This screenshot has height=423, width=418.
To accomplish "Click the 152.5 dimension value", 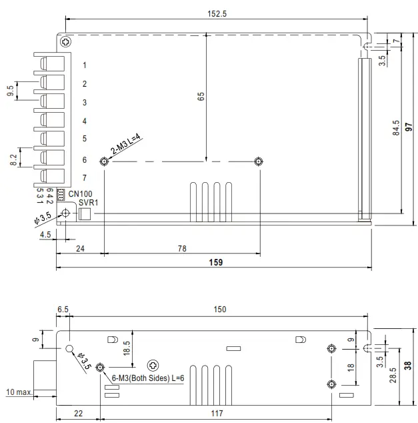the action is tap(217, 14).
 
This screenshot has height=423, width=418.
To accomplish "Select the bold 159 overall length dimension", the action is tap(216, 262).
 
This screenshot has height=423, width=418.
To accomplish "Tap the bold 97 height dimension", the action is tap(409, 127).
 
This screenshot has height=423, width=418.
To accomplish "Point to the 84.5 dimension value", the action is tap(396, 128).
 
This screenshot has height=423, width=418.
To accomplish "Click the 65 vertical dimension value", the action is tap(201, 96).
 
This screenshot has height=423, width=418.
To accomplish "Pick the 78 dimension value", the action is tap(182, 248).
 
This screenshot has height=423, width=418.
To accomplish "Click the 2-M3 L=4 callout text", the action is tap(126, 144).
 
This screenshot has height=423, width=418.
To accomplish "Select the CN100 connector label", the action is tap(80, 193).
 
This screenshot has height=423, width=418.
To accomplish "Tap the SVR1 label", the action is tap(89, 203).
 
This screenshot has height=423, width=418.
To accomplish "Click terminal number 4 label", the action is tap(85, 121).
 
